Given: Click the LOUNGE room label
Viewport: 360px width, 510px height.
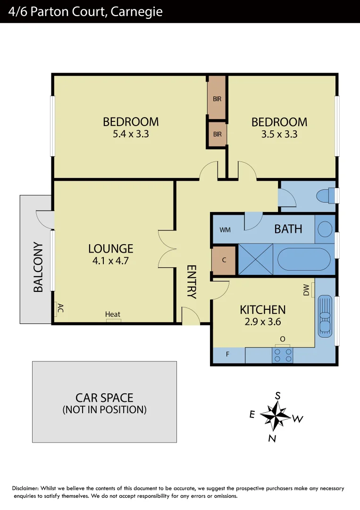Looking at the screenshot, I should click(111, 248).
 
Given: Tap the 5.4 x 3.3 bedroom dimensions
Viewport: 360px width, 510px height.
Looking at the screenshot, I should click(131, 134).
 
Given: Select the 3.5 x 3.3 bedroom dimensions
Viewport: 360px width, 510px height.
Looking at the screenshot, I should click(279, 134).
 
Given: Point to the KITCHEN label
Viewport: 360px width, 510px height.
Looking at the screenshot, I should click(263, 310).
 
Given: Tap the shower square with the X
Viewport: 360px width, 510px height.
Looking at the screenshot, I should click(256, 259).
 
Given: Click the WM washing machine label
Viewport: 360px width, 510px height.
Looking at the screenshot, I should click(225, 230).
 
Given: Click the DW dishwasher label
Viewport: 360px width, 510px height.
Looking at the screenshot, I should click(307, 289).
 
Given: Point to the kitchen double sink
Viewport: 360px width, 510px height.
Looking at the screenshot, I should click(325, 316).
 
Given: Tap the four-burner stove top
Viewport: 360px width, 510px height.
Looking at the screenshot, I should click(282, 355).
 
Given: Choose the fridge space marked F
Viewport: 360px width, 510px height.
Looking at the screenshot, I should click(228, 355).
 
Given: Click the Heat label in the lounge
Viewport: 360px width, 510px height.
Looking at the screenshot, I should click(113, 314).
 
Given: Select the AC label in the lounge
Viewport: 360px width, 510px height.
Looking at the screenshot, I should click(59, 309).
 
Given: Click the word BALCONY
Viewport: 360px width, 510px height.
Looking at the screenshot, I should click(38, 267).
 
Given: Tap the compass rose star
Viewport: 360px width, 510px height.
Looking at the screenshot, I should click(275, 416).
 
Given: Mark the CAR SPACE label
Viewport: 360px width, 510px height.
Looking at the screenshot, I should click(104, 398).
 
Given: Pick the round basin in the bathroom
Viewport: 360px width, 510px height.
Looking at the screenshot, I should click(325, 229).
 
